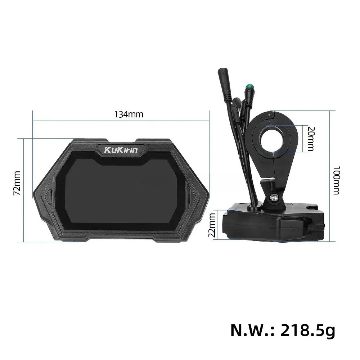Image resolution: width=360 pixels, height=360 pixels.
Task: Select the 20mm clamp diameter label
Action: tap(311, 139)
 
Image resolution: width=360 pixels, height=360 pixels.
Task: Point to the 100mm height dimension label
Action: tap(336, 180)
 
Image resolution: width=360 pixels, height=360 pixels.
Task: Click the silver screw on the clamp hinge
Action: tap(274, 197)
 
